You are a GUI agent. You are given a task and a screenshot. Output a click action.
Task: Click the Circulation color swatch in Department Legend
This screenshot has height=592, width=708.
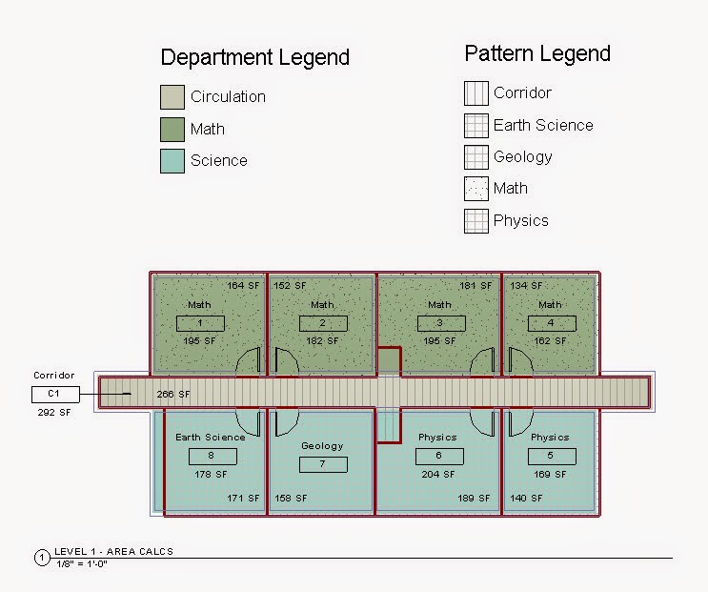pyautogui.click(x=172, y=96)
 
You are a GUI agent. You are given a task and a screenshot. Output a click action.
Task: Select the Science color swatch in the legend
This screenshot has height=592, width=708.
pyautogui.click(x=172, y=160)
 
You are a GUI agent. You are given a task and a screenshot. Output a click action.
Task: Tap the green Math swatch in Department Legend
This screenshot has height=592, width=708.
pyautogui.click(x=172, y=129)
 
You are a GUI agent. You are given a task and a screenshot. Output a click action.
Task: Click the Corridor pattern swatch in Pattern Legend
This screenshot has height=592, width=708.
pyautogui.click(x=475, y=93)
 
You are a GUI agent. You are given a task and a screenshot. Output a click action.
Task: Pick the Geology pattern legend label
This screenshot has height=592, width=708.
pyautogui.click(x=522, y=156)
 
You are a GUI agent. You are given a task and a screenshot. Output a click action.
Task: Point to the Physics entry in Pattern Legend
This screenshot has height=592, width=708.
pyautogui.click(x=520, y=220)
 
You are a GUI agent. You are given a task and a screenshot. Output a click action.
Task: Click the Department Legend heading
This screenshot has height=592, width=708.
pyautogui.click(x=254, y=57)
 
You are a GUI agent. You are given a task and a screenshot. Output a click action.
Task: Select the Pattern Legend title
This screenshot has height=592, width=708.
pyautogui.click(x=537, y=53)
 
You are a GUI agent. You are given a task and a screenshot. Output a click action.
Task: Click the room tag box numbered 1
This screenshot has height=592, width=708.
pyautogui.click(x=200, y=323)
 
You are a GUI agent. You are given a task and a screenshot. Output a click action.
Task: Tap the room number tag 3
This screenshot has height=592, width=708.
pyautogui.click(x=440, y=323)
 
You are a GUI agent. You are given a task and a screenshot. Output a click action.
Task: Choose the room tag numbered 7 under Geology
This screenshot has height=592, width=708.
pyautogui.click(x=323, y=464)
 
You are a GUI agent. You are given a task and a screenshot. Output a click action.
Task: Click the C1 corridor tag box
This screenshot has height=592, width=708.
pyautogui.click(x=55, y=394)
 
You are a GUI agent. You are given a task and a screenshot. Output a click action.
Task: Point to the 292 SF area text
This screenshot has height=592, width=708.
pyautogui.click(x=53, y=412)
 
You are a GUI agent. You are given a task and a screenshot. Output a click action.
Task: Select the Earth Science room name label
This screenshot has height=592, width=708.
pyautogui.click(x=210, y=438)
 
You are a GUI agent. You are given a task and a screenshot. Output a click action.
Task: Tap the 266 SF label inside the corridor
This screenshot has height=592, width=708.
pyautogui.click(x=172, y=394)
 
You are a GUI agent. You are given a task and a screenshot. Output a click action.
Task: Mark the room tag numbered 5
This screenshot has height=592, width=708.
pyautogui.click(x=551, y=456)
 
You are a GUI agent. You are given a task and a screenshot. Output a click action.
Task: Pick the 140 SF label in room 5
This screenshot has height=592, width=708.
pyautogui.click(x=526, y=498)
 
